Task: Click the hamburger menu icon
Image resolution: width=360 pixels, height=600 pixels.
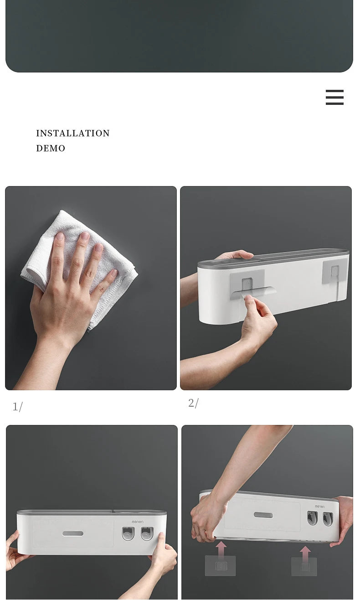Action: (334, 97)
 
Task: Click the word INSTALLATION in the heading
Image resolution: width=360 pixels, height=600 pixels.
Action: (73, 133)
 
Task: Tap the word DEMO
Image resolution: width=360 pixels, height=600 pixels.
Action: (51, 148)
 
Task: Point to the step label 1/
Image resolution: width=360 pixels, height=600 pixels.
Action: (18, 407)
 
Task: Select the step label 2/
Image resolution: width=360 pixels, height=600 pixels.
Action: (193, 403)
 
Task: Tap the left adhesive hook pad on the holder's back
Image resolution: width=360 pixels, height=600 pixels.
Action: (247, 284)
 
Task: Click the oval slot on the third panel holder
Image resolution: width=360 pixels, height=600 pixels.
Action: (73, 534)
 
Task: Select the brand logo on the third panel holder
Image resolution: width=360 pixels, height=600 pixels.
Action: (138, 522)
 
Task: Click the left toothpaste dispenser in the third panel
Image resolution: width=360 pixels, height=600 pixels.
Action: (128, 533)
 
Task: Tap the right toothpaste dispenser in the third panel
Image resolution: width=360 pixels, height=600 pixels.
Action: (147, 533)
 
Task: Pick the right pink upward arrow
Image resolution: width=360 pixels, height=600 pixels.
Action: (305, 554)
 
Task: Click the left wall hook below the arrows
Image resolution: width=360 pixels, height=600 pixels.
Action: (220, 566)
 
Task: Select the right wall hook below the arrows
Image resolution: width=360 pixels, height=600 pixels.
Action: (304, 567)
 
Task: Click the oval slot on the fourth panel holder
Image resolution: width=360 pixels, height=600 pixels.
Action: (263, 515)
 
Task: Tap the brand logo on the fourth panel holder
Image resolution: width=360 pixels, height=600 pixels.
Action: (319, 507)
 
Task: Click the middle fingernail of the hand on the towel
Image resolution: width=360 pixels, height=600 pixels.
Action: (85, 236)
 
